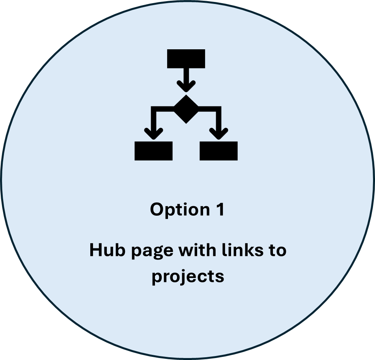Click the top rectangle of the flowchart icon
click(186, 58)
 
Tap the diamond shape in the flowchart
click(186, 109)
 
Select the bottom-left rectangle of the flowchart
click(153, 151)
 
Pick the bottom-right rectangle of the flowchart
click(218, 151)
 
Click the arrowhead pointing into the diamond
click(186, 86)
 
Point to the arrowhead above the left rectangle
click(153, 133)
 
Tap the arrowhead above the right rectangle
click(218, 133)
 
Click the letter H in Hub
click(96, 251)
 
